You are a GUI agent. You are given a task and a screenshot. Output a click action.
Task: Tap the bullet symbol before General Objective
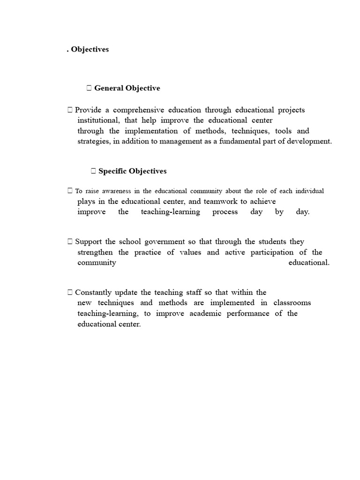click(x=89, y=88)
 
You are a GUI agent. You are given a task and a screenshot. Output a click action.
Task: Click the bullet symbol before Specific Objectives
click(x=93, y=171)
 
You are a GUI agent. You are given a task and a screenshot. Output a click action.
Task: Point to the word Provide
click(x=88, y=110)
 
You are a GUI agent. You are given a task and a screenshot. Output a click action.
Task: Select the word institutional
click(x=97, y=120)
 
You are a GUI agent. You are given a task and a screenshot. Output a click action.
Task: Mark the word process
click(x=225, y=212)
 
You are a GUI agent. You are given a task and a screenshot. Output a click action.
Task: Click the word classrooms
click(x=292, y=303)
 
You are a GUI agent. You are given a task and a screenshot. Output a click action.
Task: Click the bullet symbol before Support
click(x=70, y=242)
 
